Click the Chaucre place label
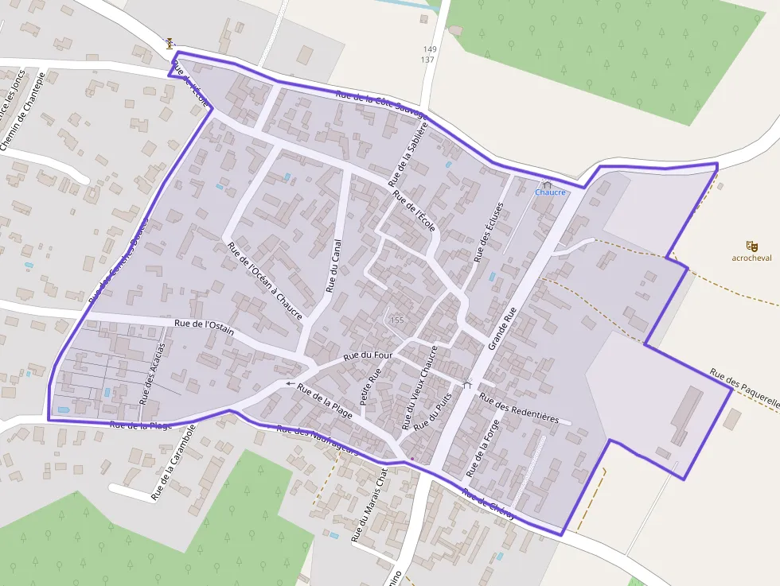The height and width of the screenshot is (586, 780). tap(550, 192)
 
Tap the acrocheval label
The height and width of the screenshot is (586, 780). tap(751, 258)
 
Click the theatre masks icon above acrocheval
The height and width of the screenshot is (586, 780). tap(751, 246)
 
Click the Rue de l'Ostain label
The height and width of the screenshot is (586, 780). tap(204, 326)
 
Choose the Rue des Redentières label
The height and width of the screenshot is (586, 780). tap(520, 408)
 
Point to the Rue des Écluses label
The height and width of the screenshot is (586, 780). tap(489, 232)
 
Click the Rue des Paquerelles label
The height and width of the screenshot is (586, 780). tap(744, 387)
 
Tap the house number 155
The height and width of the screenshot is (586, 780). tap(397, 320)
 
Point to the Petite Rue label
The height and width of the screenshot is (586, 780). tap(371, 386)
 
